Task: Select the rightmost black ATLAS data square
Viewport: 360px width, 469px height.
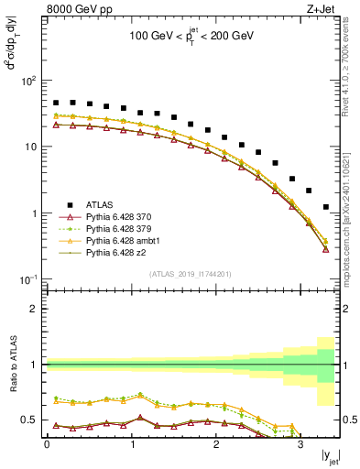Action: (x=326, y=207)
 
